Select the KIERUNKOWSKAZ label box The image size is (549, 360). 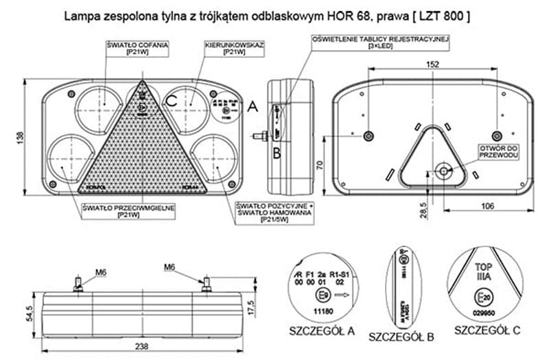point(235,48)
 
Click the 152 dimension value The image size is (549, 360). point(432,64)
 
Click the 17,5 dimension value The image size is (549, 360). point(255,306)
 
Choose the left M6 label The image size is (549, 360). point(101,273)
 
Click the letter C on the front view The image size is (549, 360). point(172,101)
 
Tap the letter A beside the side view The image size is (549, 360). point(253,106)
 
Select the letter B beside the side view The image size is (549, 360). point(277,152)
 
